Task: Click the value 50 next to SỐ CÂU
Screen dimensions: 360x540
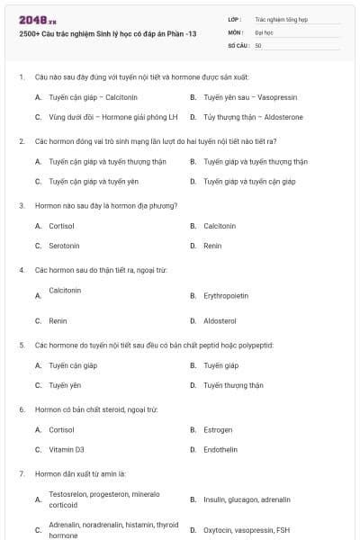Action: tap(259, 45)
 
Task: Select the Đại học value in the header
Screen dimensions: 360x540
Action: tap(265, 31)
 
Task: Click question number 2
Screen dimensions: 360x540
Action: tap(22, 141)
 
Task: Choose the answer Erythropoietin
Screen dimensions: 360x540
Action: tap(226, 295)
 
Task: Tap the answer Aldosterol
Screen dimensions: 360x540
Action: tap(220, 320)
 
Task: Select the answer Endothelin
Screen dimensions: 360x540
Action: tap(220, 449)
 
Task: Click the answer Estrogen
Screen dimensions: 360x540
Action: tap(218, 429)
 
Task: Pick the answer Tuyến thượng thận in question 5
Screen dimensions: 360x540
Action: tap(233, 385)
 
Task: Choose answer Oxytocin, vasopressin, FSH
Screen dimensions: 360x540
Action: tap(247, 530)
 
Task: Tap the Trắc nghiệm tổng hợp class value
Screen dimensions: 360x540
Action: tap(281, 18)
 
